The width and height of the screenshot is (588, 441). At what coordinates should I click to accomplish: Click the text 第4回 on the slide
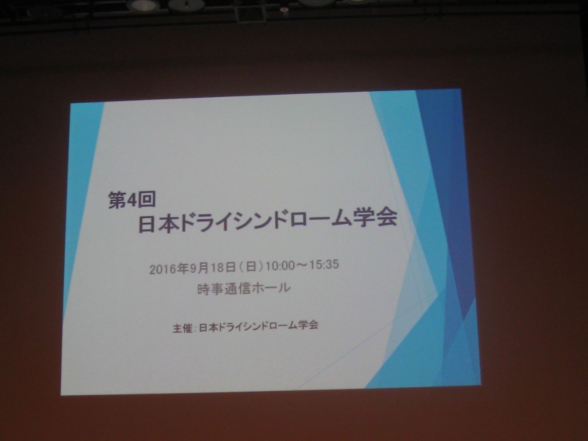(x=132, y=200)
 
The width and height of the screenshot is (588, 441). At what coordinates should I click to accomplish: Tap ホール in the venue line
(x=271, y=288)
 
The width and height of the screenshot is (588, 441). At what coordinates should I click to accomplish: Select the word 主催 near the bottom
(x=182, y=328)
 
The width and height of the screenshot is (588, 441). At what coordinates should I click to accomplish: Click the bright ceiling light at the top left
(x=142, y=5)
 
